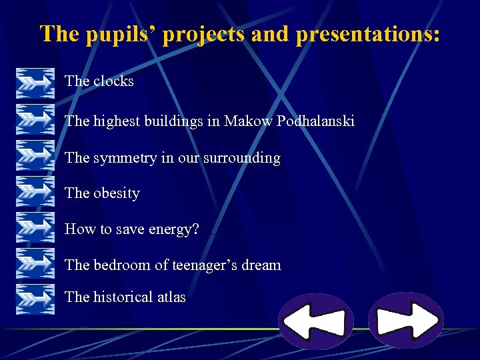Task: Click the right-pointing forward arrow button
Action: [405, 320]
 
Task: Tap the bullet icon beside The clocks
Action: [35, 82]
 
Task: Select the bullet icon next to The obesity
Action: [35, 193]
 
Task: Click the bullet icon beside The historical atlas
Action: [35, 298]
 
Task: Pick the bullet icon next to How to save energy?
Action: [35, 229]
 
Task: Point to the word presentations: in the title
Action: [367, 34]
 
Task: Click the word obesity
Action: [117, 193]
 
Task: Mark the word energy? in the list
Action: [173, 229]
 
